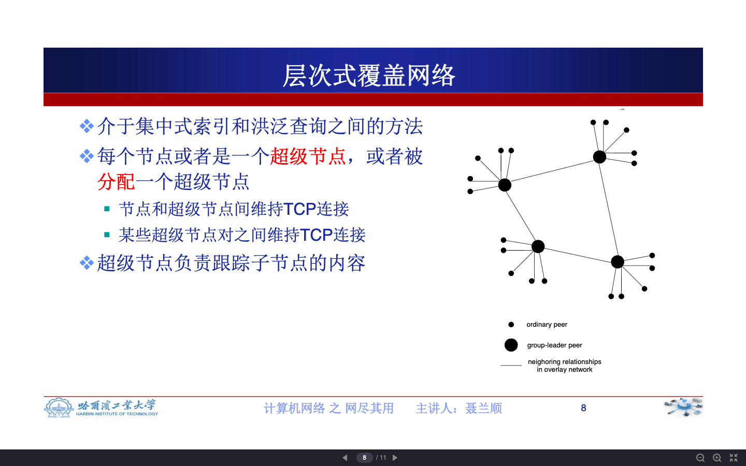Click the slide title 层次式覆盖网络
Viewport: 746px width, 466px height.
pyautogui.click(x=369, y=76)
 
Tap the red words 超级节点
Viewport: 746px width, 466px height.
pyautogui.click(x=308, y=156)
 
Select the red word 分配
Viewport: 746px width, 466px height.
pyautogui.click(x=116, y=182)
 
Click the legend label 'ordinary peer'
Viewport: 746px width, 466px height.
pyautogui.click(x=547, y=325)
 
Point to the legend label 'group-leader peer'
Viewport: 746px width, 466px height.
pyautogui.click(x=554, y=345)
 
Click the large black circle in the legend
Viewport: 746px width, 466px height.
pyautogui.click(x=511, y=345)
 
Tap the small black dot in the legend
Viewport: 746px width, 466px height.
pyautogui.click(x=511, y=325)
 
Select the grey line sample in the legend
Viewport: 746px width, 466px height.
pyautogui.click(x=511, y=366)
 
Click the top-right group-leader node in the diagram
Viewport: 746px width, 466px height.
pyautogui.click(x=599, y=157)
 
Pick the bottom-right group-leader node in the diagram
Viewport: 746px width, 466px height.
pyautogui.click(x=618, y=262)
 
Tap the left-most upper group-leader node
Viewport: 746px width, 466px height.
pyautogui.click(x=505, y=185)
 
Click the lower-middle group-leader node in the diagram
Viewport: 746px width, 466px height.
pyautogui.click(x=538, y=246)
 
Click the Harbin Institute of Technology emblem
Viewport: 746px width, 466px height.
pyautogui.click(x=59, y=408)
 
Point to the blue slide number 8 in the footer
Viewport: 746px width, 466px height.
pyautogui.click(x=583, y=408)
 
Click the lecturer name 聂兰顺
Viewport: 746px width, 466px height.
pyautogui.click(x=483, y=409)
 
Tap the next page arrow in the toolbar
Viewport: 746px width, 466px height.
pyautogui.click(x=395, y=458)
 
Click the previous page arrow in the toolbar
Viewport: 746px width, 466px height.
pyautogui.click(x=345, y=458)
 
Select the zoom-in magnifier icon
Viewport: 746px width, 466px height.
pyautogui.click(x=717, y=458)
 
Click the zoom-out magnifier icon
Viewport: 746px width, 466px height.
pyautogui.click(x=700, y=458)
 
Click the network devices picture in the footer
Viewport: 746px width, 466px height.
pyautogui.click(x=683, y=407)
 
